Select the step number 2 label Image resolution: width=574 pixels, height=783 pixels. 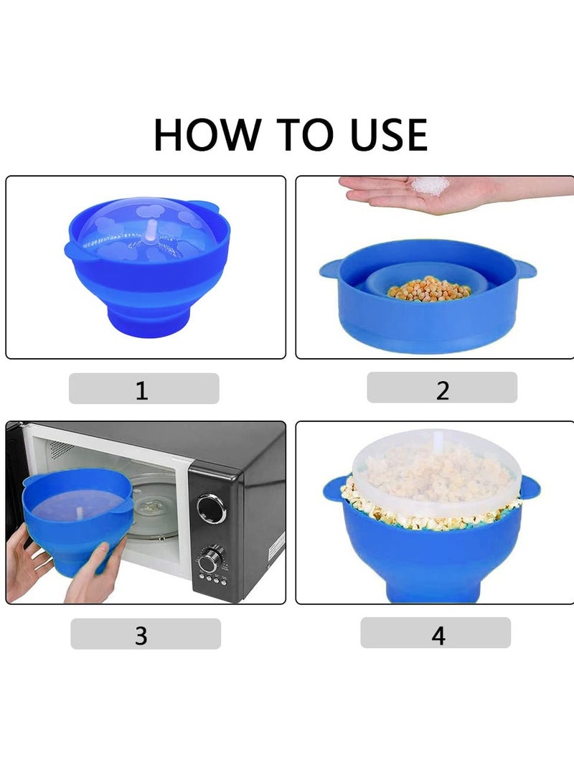click(x=442, y=390)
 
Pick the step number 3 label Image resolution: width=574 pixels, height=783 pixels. click(x=141, y=635)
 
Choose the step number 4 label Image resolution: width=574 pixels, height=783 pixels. click(x=438, y=635)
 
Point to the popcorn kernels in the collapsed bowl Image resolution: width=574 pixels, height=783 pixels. click(x=429, y=289)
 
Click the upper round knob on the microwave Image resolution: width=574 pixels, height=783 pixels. click(x=211, y=508)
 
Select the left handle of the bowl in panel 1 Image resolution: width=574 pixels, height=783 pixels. click(x=72, y=249)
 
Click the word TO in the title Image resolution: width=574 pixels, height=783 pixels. click(x=291, y=134)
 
